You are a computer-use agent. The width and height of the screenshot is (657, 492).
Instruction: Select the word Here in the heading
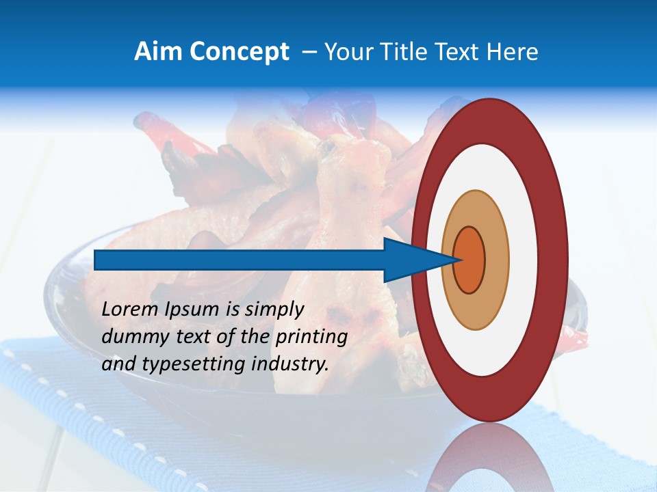click(512, 52)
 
